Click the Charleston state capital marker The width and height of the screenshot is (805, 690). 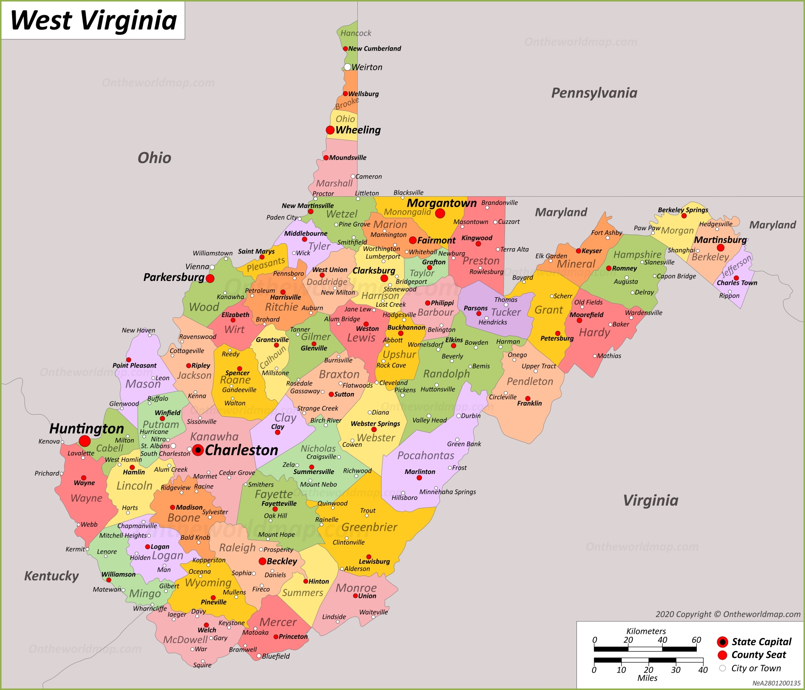[198, 450]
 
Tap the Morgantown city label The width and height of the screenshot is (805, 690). [441, 203]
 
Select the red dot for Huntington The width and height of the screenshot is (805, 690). [85, 441]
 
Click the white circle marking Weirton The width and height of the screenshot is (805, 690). [347, 67]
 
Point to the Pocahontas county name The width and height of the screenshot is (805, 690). [426, 456]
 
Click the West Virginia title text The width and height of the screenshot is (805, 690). [93, 21]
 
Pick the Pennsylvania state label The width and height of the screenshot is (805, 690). [594, 93]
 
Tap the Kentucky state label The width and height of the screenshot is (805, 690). [51, 576]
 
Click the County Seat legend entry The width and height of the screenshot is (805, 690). [758, 655]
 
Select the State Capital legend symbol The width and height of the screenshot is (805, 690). [722, 642]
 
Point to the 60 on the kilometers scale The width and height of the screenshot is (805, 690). [696, 640]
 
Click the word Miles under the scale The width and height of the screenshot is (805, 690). [647, 678]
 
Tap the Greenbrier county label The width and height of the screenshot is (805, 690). [369, 528]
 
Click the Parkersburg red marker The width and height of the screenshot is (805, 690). [210, 279]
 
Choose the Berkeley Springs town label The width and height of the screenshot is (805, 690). [683, 210]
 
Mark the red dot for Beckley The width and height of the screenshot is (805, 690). [263, 561]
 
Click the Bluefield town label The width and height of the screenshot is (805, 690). [275, 656]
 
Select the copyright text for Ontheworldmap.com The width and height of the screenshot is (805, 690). [728, 614]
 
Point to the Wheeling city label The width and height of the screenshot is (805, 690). [358, 130]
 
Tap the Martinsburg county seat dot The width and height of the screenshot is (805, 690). [720, 248]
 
